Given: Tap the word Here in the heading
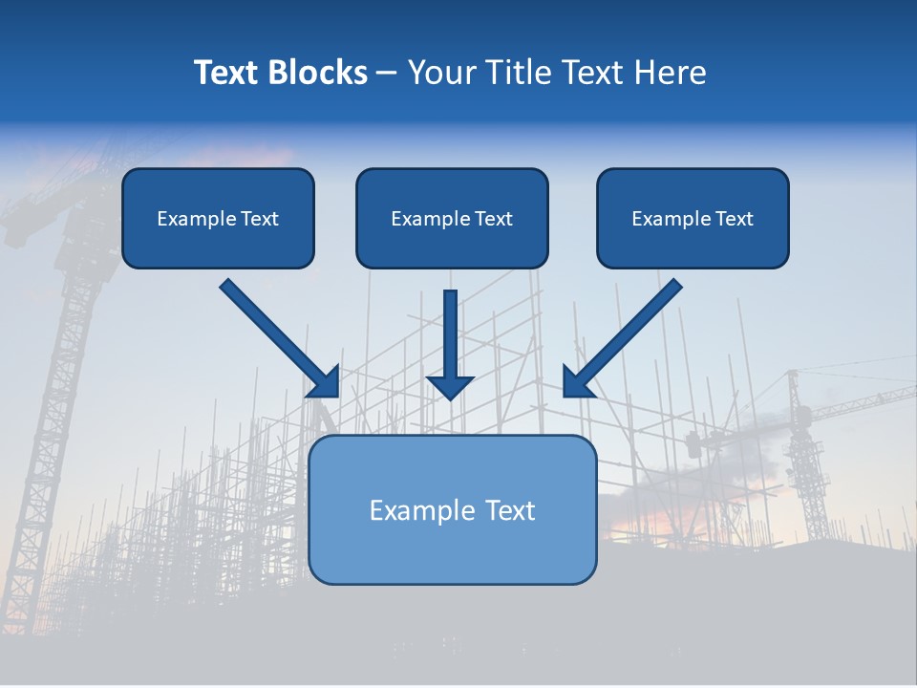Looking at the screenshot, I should pos(669,73).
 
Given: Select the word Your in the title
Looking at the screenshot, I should pos(442,73).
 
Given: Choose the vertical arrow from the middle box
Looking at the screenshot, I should pos(450,334).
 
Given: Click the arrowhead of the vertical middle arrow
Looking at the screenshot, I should pos(450,387).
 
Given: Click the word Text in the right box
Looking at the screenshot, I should pos(733,219).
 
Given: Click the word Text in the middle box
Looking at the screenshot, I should pos(492,219).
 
